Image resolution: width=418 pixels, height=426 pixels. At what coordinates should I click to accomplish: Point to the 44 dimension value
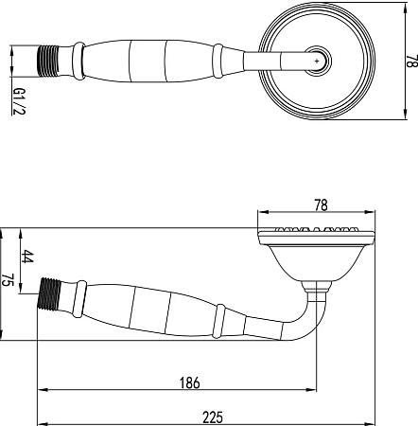click(27, 257)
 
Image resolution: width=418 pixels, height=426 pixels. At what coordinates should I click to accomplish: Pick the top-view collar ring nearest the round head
click(218, 60)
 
